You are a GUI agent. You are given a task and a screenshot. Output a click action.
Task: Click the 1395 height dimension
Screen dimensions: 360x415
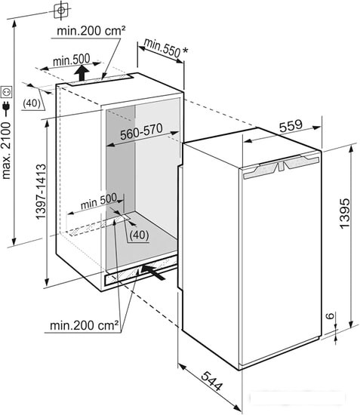(x=344, y=213)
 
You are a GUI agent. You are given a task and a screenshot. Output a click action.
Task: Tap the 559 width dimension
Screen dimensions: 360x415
(x=291, y=126)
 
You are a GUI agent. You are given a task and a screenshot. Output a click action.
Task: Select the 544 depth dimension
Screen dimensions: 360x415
(x=212, y=381)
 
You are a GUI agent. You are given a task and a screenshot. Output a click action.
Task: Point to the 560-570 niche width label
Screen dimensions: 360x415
(x=141, y=131)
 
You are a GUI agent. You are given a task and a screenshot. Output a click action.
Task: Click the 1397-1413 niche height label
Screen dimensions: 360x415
(x=41, y=192)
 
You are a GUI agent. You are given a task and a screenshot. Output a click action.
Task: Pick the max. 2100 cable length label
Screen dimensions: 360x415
(x=6, y=151)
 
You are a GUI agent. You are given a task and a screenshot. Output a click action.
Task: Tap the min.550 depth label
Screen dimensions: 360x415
(x=162, y=48)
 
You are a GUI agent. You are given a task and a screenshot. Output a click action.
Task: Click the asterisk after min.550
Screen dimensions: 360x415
(x=186, y=50)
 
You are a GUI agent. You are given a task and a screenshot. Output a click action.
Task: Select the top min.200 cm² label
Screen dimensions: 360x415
(x=91, y=31)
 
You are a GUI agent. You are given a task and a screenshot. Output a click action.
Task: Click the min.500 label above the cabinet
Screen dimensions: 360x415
(x=72, y=60)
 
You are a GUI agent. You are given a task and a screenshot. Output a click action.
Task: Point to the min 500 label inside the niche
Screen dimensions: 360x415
(x=99, y=201)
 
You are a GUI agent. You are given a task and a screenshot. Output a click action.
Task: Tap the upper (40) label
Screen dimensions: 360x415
(x=32, y=103)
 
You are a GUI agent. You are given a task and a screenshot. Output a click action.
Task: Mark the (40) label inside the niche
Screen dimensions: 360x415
(x=139, y=235)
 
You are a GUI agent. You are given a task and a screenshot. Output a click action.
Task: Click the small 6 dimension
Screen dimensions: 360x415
(x=330, y=315)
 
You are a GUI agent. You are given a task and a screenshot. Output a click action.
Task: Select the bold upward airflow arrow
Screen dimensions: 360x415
(x=82, y=73)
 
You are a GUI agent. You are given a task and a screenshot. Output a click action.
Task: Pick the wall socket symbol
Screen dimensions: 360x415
(x=6, y=92)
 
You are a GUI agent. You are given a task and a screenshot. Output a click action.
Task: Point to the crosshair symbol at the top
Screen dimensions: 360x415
(x=61, y=11)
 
